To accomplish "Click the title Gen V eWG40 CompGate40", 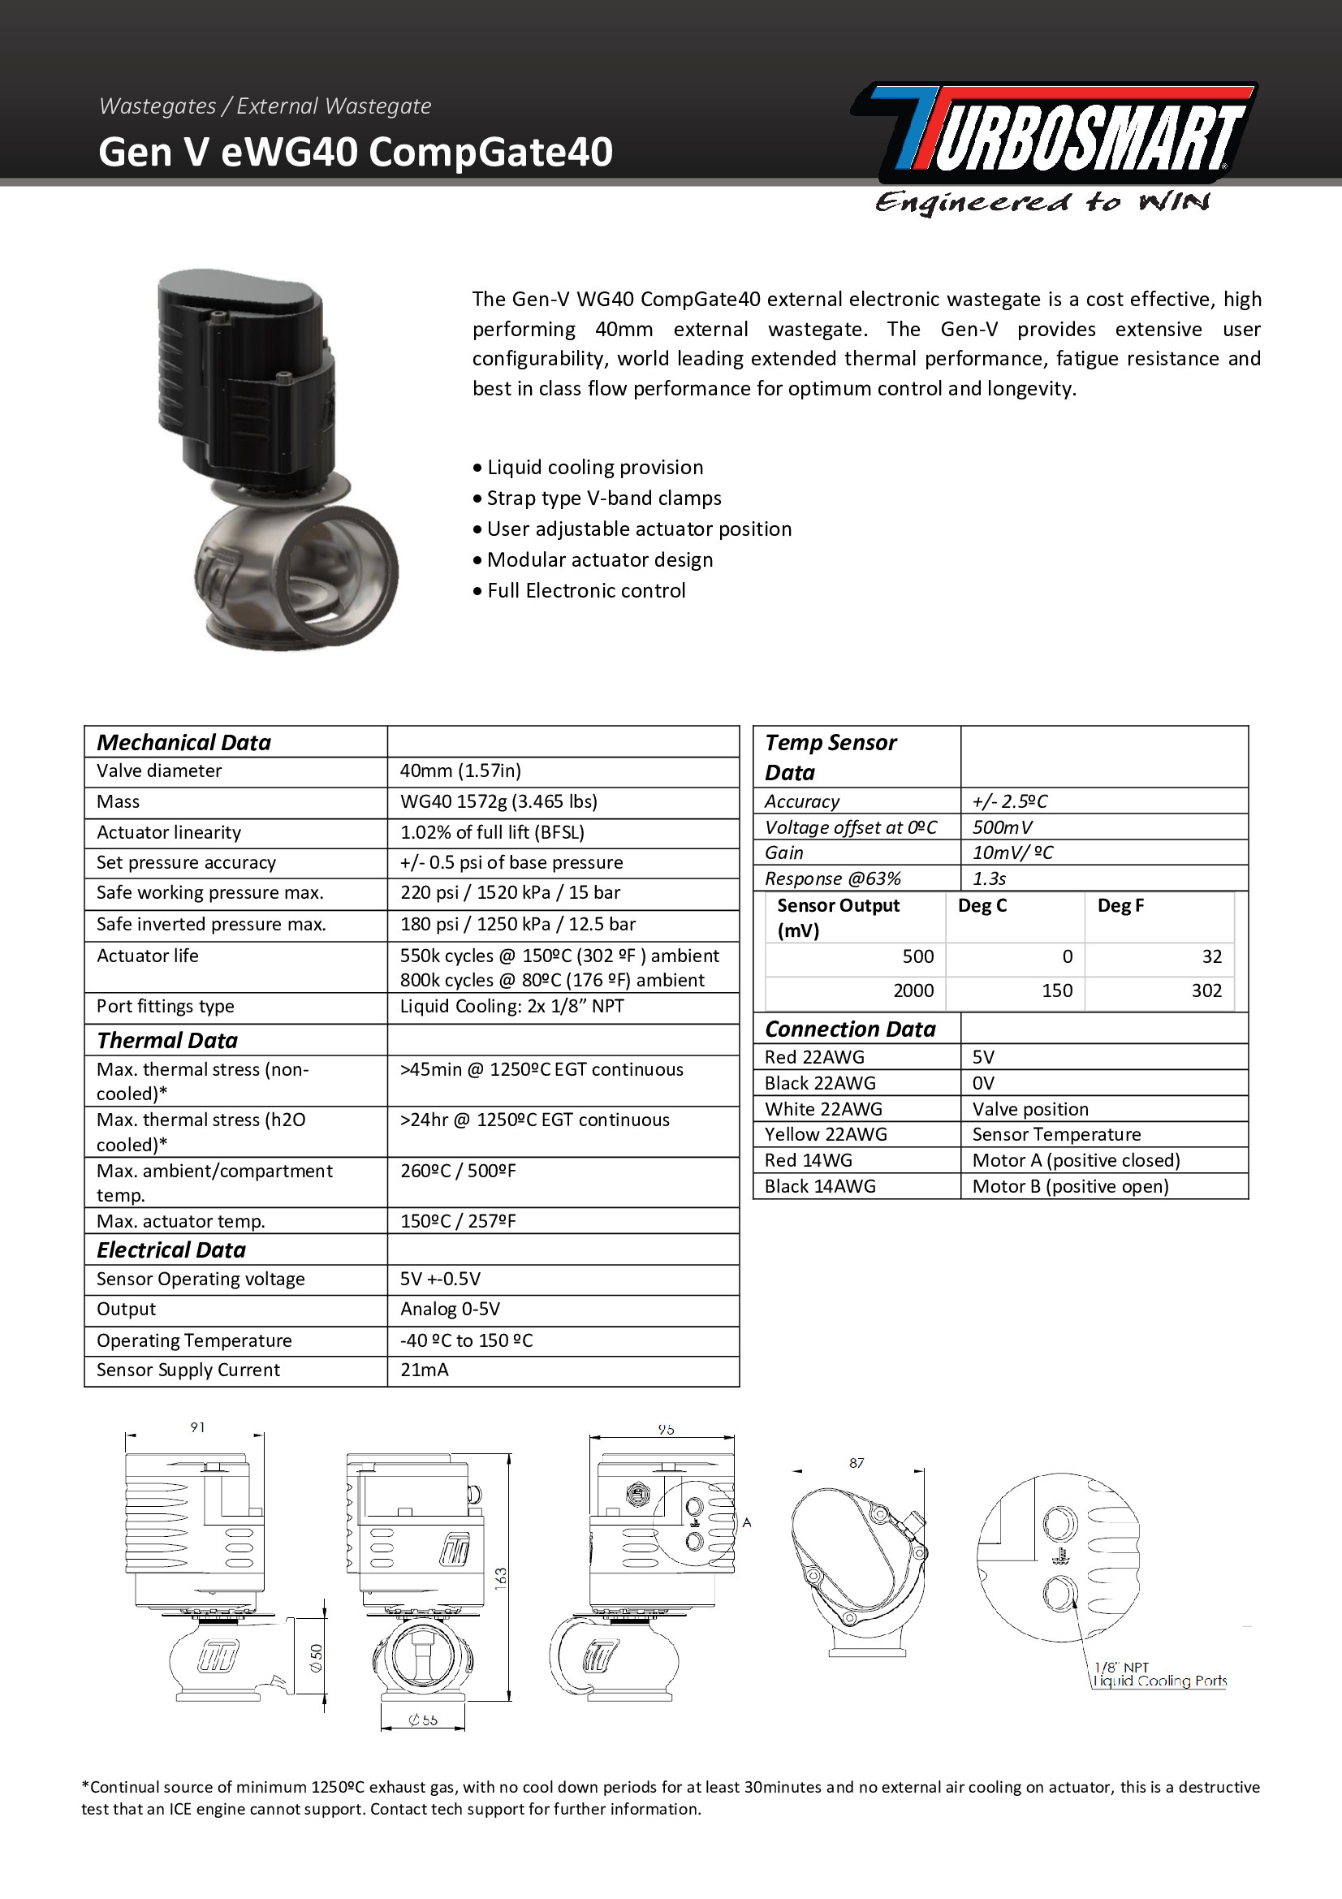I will click(356, 152).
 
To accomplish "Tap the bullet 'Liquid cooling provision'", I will click(594, 468).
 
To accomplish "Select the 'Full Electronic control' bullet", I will click(585, 590).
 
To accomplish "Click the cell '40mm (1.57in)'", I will click(460, 770).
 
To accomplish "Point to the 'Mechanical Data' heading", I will click(183, 742).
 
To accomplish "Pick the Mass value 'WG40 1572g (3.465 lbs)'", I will click(498, 801).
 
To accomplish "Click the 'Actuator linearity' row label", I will click(169, 832).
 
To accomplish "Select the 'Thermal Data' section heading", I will click(167, 1040).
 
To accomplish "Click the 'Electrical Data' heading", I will click(171, 1249).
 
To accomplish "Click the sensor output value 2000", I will click(913, 991).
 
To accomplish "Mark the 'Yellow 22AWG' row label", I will click(825, 1134).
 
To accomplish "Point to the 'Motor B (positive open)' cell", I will click(1070, 1186).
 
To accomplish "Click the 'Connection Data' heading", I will click(850, 1029).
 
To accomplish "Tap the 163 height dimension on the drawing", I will click(501, 1577).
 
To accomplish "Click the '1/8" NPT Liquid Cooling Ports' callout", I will click(1159, 1674).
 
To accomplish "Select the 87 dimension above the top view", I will click(857, 1463).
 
